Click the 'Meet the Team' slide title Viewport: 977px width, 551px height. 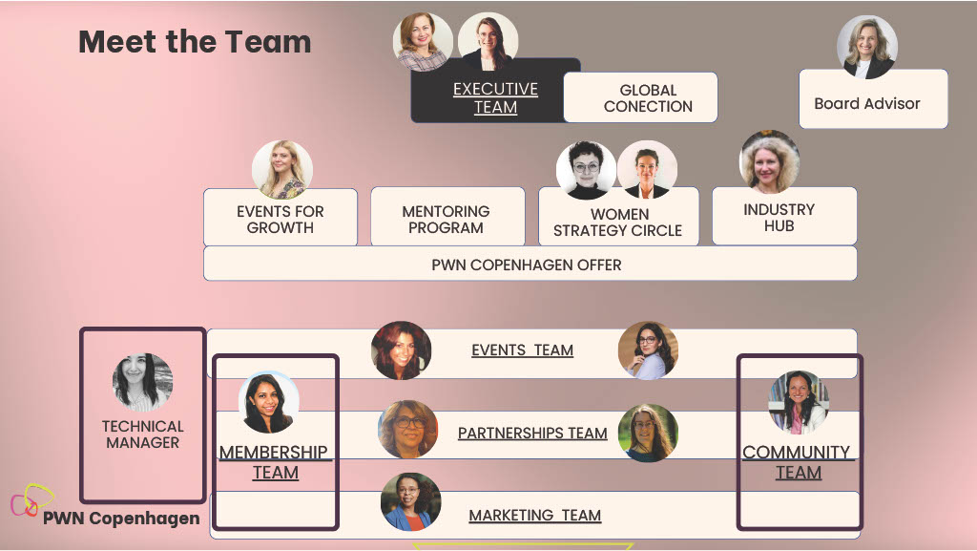[195, 42]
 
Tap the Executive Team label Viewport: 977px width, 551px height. [495, 97]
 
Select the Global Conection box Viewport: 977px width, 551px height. [640, 97]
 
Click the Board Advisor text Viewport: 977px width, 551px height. [866, 103]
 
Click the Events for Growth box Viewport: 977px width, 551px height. [281, 218]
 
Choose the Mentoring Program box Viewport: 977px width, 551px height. [447, 216]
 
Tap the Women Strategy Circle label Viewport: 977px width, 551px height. [617, 223]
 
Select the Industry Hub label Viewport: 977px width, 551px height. [779, 218]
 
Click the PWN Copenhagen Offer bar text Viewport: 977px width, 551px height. [527, 265]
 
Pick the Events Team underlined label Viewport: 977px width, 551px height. [522, 350]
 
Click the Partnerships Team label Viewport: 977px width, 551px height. [532, 434]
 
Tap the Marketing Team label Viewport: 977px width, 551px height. [534, 516]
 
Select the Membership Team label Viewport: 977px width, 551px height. [274, 462]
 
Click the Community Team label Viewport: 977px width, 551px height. [797, 462]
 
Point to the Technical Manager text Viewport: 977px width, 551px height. [143, 434]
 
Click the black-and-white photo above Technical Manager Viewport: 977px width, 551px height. [143, 382]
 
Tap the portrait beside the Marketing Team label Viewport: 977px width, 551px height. [410, 501]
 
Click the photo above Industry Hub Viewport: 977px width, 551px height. [769, 161]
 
